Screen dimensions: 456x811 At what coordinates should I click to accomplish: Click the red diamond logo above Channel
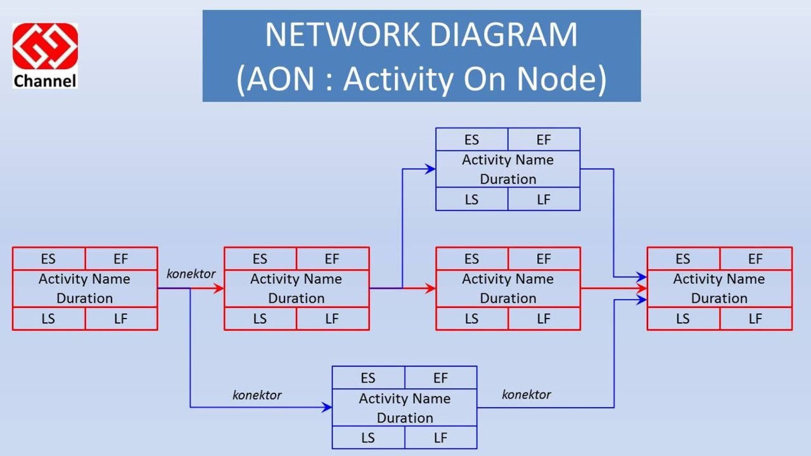click(45, 46)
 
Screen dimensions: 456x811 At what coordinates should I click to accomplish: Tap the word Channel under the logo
click(45, 81)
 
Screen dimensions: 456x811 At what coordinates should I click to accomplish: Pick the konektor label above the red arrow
click(191, 274)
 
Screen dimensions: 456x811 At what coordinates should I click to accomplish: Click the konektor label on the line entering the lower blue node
click(257, 395)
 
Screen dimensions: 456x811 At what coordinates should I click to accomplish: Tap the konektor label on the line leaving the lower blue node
click(527, 395)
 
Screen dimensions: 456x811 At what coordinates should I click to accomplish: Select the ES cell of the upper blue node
click(471, 140)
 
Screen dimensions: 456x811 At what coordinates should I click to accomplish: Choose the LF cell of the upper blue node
click(544, 199)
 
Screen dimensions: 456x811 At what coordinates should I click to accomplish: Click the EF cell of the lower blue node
click(440, 378)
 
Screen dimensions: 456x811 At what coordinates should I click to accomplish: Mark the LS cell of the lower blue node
click(368, 438)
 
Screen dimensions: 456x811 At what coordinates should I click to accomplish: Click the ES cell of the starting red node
click(48, 259)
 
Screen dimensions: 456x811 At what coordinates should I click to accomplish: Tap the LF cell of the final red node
click(755, 319)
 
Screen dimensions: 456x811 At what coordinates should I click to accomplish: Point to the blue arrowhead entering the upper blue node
click(431, 169)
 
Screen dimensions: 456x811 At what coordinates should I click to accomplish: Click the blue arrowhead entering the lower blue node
click(327, 407)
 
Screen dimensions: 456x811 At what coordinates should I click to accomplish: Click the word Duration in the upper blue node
click(508, 179)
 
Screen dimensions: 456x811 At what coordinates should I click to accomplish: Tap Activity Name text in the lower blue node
click(404, 399)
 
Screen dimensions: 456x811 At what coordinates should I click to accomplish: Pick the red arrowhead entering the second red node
click(219, 289)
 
